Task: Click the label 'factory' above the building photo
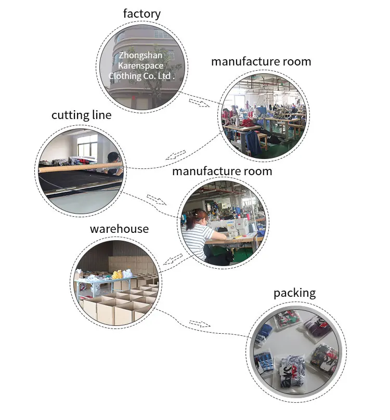(142, 14)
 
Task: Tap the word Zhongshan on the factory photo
(140, 55)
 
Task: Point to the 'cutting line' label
(81, 115)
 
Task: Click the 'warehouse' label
(119, 229)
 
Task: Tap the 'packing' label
(294, 293)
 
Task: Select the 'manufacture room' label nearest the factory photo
(261, 61)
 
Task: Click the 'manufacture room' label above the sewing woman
(222, 171)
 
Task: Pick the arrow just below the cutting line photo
(156, 199)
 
